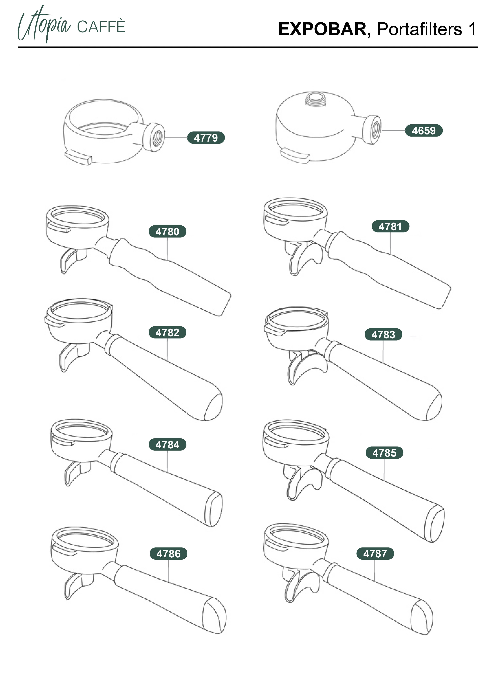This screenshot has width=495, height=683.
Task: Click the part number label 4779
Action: pos(206,138)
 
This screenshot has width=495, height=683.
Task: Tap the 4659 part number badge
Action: pos(424,130)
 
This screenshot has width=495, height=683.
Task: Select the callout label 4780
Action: pos(167,231)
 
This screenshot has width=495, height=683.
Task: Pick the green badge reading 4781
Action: pos(390,226)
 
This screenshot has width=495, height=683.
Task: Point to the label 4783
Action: pos(383,334)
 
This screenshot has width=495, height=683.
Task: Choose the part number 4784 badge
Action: pos(167,444)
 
